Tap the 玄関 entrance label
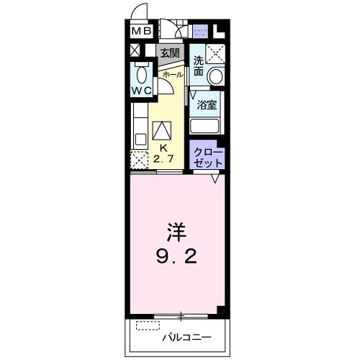(170, 53)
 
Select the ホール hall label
(172, 74)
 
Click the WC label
(141, 91)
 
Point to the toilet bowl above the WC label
(141, 75)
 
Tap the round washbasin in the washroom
(215, 76)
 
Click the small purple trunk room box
(201, 31)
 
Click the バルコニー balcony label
(186, 336)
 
